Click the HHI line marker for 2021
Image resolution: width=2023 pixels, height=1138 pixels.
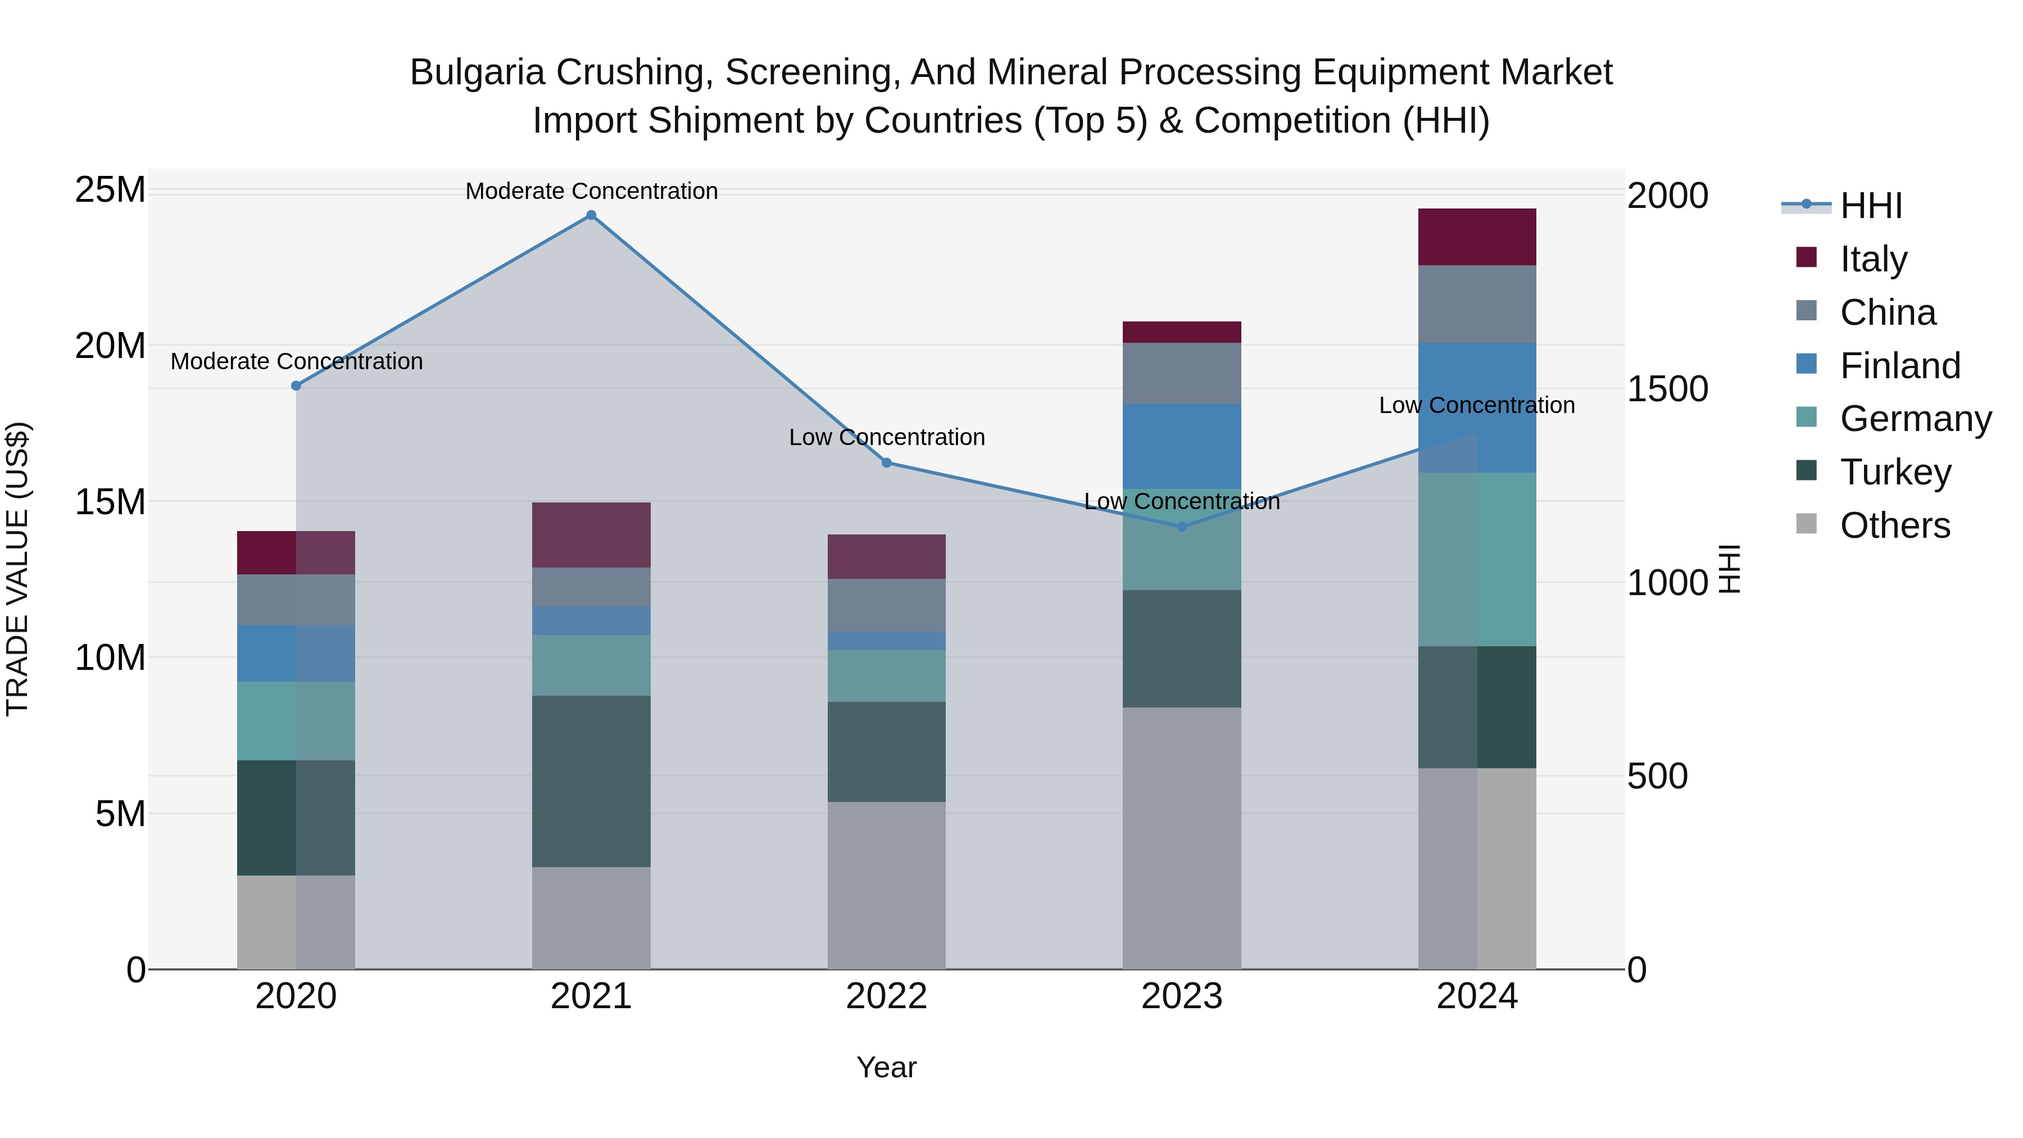[591, 215]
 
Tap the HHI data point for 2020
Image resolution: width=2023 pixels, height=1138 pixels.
[296, 386]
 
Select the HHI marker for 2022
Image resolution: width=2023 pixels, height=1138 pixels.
[887, 463]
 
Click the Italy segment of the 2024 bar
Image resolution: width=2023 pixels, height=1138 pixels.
[1477, 237]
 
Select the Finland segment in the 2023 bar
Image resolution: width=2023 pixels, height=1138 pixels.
[1182, 446]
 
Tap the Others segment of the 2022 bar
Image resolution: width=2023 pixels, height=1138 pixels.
[887, 885]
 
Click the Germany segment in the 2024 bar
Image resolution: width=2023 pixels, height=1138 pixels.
[1477, 559]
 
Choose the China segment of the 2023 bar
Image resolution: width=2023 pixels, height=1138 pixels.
[1182, 373]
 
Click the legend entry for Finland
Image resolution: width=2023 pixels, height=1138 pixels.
[1900, 366]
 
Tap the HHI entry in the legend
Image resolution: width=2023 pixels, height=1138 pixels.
[1871, 206]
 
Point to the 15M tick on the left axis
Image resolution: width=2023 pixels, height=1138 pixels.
[110, 502]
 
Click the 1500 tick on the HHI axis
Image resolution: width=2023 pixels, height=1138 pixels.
[1667, 389]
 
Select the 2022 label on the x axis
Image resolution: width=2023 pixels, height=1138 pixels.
[887, 996]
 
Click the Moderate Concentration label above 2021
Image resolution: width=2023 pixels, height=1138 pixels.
[591, 191]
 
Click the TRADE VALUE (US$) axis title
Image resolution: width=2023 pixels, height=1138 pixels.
[17, 569]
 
